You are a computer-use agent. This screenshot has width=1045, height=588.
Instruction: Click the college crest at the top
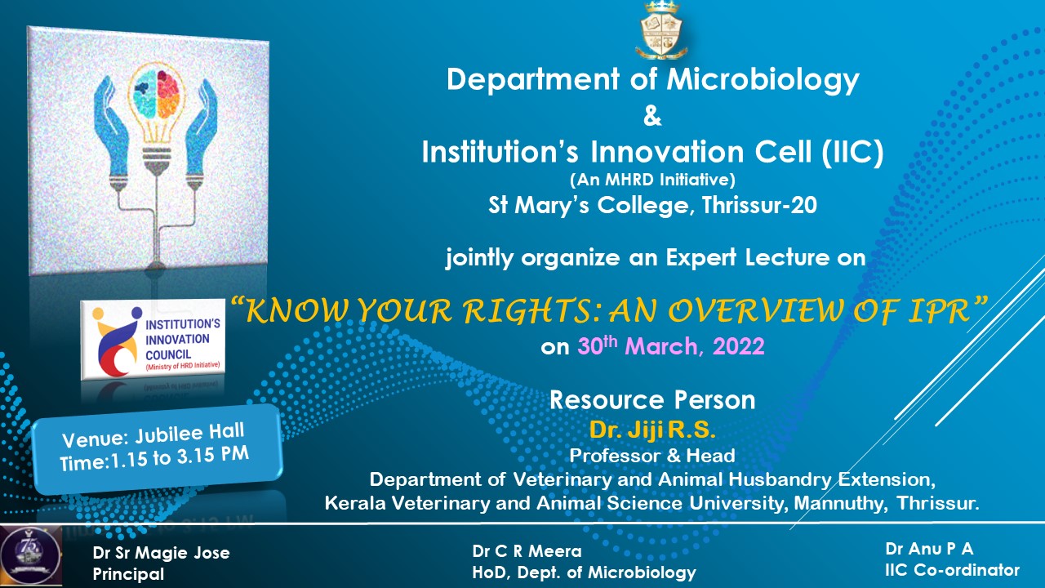click(x=661, y=30)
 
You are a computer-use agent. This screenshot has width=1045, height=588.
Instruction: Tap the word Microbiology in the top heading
click(x=763, y=80)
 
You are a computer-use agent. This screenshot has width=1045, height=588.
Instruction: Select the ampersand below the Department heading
click(x=652, y=116)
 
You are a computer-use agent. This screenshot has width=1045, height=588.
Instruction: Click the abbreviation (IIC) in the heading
click(x=852, y=152)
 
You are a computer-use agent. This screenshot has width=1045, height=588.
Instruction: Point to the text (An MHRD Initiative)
click(x=652, y=180)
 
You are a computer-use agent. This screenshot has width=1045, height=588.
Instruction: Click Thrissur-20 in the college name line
click(x=759, y=205)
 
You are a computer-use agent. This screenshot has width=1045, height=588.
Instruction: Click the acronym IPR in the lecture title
click(x=939, y=311)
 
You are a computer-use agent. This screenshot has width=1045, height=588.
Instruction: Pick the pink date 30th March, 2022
click(x=671, y=346)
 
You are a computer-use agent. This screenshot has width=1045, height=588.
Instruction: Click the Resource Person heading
click(x=652, y=400)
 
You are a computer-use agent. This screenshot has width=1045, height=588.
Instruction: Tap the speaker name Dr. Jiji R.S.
click(x=652, y=430)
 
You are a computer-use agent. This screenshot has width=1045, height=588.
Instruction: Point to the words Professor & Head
click(x=652, y=456)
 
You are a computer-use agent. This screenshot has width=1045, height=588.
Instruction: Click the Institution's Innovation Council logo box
click(x=153, y=339)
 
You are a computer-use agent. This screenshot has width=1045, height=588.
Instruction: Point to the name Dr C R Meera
click(x=527, y=551)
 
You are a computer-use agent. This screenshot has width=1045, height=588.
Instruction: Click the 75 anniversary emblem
click(x=31, y=555)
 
